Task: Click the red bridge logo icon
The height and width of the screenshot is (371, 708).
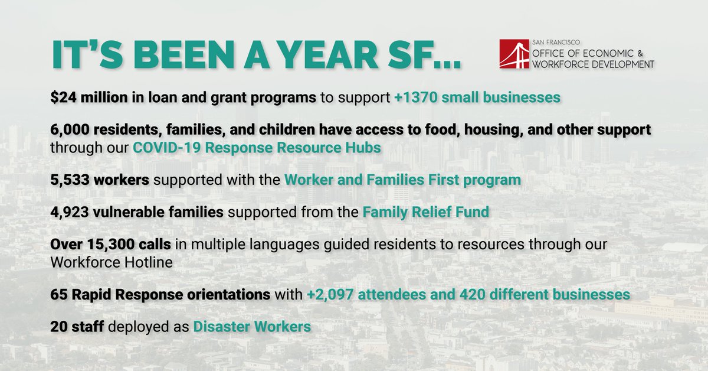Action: pyautogui.click(x=514, y=54)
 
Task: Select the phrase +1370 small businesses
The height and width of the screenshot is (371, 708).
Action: pyautogui.click(x=477, y=97)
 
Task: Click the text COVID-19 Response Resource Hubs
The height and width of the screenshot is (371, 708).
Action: pyautogui.click(x=257, y=147)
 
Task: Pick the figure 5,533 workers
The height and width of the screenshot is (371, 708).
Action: pyautogui.click(x=100, y=180)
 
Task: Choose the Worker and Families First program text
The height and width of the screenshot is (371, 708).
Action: pyautogui.click(x=402, y=180)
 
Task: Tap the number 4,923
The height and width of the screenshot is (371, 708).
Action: pyautogui.click(x=68, y=212)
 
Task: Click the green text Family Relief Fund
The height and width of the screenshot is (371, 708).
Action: pyautogui.click(x=425, y=212)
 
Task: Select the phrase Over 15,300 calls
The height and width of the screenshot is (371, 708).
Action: pyautogui.click(x=103, y=245)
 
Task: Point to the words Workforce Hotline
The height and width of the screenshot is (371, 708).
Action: pyautogui.click(x=112, y=261)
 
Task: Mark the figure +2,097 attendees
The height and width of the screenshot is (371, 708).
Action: pyautogui.click(x=372, y=294)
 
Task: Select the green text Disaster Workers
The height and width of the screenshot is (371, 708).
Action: pyautogui.click(x=252, y=326)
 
